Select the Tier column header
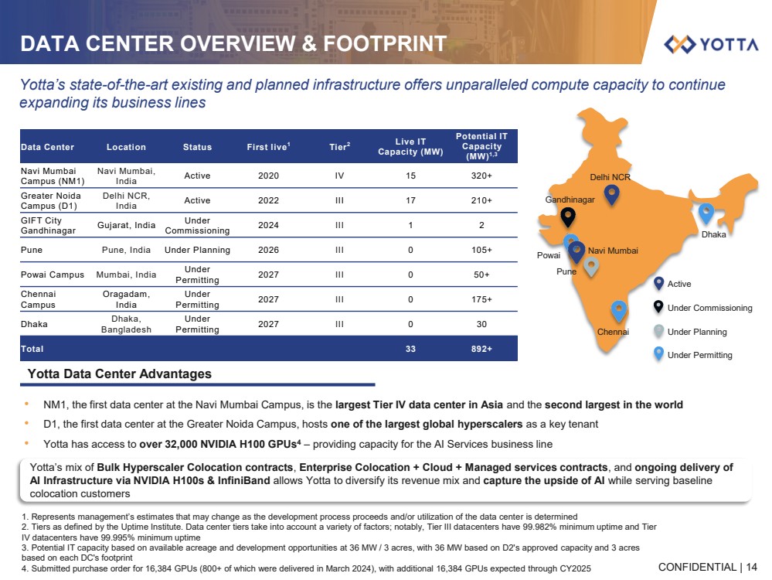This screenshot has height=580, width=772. pyautogui.click(x=338, y=147)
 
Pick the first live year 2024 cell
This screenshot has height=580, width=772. pyautogui.click(x=268, y=225)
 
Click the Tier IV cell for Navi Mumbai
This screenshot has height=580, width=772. pyautogui.click(x=338, y=176)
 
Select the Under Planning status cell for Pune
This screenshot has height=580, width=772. pyautogui.click(x=197, y=250)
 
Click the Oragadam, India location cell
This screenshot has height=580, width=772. pyautogui.click(x=126, y=299)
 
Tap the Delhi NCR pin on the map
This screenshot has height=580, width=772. pyautogui.click(x=611, y=195)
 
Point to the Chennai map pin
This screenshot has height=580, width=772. pyautogui.click(x=618, y=311)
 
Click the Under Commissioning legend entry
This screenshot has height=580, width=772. pyautogui.click(x=709, y=308)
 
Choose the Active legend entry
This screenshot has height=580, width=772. pyautogui.click(x=678, y=284)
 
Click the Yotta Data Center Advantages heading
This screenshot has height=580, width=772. pyautogui.click(x=119, y=374)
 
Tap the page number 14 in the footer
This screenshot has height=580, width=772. pyautogui.click(x=752, y=567)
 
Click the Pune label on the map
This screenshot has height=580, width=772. pyautogui.click(x=566, y=272)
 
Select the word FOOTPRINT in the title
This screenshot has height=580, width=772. pyautogui.click(x=387, y=44)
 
